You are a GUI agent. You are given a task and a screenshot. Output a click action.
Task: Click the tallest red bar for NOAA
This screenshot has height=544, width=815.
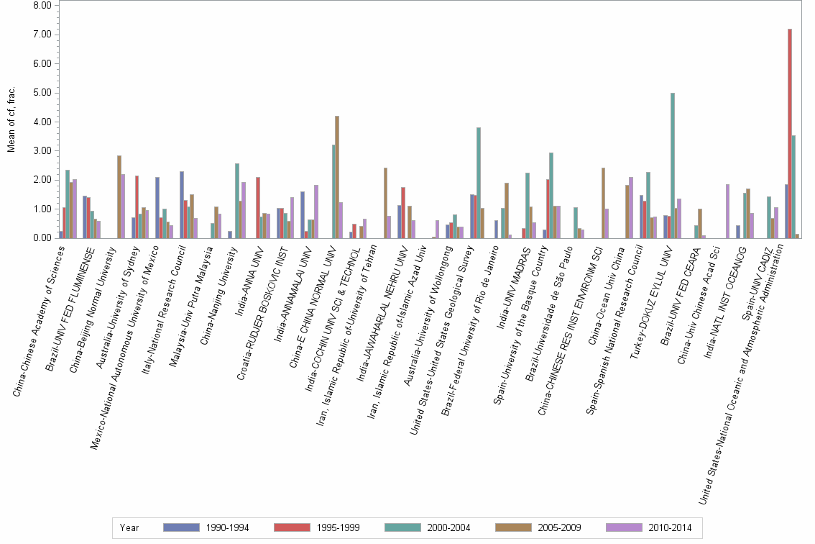coord(790,134)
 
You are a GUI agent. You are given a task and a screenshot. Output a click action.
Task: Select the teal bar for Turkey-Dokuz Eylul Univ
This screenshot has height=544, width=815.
coord(673,166)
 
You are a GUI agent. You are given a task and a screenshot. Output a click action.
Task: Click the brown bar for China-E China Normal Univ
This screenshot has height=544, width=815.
coord(337,177)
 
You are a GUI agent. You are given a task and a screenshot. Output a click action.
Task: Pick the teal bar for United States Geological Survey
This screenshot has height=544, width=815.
coord(479,183)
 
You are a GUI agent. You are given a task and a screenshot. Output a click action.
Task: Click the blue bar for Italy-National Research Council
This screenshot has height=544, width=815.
coord(182,204)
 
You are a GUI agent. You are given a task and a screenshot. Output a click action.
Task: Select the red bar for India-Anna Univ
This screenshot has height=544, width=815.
coord(258,207)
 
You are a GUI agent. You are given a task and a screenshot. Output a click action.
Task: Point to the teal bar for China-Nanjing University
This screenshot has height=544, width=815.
coord(237,201)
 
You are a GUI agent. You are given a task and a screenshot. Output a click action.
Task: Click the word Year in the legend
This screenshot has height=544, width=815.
coord(129,528)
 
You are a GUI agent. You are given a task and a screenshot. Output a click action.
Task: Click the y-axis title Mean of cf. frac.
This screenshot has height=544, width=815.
coord(10,121)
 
